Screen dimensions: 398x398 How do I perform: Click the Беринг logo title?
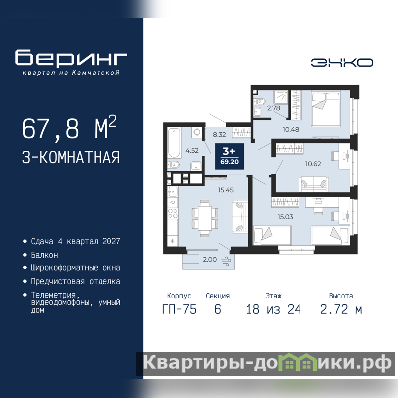71,58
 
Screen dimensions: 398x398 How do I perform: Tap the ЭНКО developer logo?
342,63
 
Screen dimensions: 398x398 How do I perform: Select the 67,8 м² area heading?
70,128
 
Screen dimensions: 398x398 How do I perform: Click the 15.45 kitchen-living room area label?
226,190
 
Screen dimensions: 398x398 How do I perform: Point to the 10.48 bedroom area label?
291,129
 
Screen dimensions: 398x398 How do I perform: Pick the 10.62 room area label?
313,164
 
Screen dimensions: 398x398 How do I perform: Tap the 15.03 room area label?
285,217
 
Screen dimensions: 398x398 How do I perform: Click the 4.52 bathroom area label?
192,150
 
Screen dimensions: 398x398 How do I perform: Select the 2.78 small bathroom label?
273,108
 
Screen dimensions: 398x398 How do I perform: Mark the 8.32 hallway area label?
219,134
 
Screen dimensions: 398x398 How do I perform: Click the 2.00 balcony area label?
210,259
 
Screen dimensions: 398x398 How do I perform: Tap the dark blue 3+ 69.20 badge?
230,156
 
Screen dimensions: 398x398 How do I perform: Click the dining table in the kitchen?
204,218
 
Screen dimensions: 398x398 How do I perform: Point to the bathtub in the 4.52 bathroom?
174,143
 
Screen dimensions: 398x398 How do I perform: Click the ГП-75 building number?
179,309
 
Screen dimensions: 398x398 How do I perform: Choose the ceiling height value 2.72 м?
341,309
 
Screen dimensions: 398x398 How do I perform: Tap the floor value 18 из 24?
273,309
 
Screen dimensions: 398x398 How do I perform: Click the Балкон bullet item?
44,255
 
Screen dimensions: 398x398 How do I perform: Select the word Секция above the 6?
218,296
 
